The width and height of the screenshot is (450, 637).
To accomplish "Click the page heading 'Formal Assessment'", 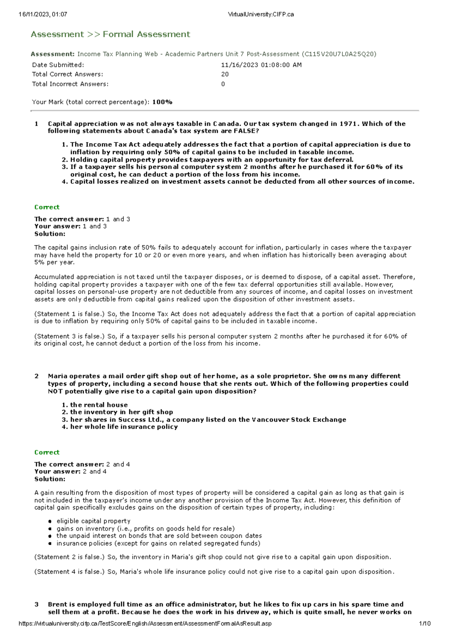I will click(x=146, y=35).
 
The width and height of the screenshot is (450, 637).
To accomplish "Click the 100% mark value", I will click(x=162, y=102).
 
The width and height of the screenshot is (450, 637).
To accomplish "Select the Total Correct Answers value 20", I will click(x=225, y=74).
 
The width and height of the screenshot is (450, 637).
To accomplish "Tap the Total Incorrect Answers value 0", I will click(x=223, y=84).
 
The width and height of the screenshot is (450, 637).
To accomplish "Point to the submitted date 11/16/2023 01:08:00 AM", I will click(x=261, y=65).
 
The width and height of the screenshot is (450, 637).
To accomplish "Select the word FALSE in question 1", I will click(x=246, y=131).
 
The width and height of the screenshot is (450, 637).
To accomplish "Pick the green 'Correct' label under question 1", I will click(x=47, y=207).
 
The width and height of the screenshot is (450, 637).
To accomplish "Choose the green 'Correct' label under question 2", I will click(x=47, y=452).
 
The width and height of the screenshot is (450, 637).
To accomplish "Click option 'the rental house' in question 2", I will click(x=99, y=405).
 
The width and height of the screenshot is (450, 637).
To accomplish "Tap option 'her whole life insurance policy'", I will click(x=124, y=427).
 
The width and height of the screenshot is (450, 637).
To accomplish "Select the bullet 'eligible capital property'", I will click(x=93, y=521).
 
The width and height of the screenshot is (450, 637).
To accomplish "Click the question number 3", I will click(x=36, y=604).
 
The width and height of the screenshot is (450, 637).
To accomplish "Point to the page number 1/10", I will click(x=425, y=623).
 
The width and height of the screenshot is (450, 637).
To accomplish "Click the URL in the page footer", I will click(x=145, y=623).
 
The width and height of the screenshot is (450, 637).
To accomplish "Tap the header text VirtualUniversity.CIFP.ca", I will click(x=261, y=15).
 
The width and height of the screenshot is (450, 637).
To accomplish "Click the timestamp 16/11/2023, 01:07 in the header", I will click(x=43, y=15).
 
